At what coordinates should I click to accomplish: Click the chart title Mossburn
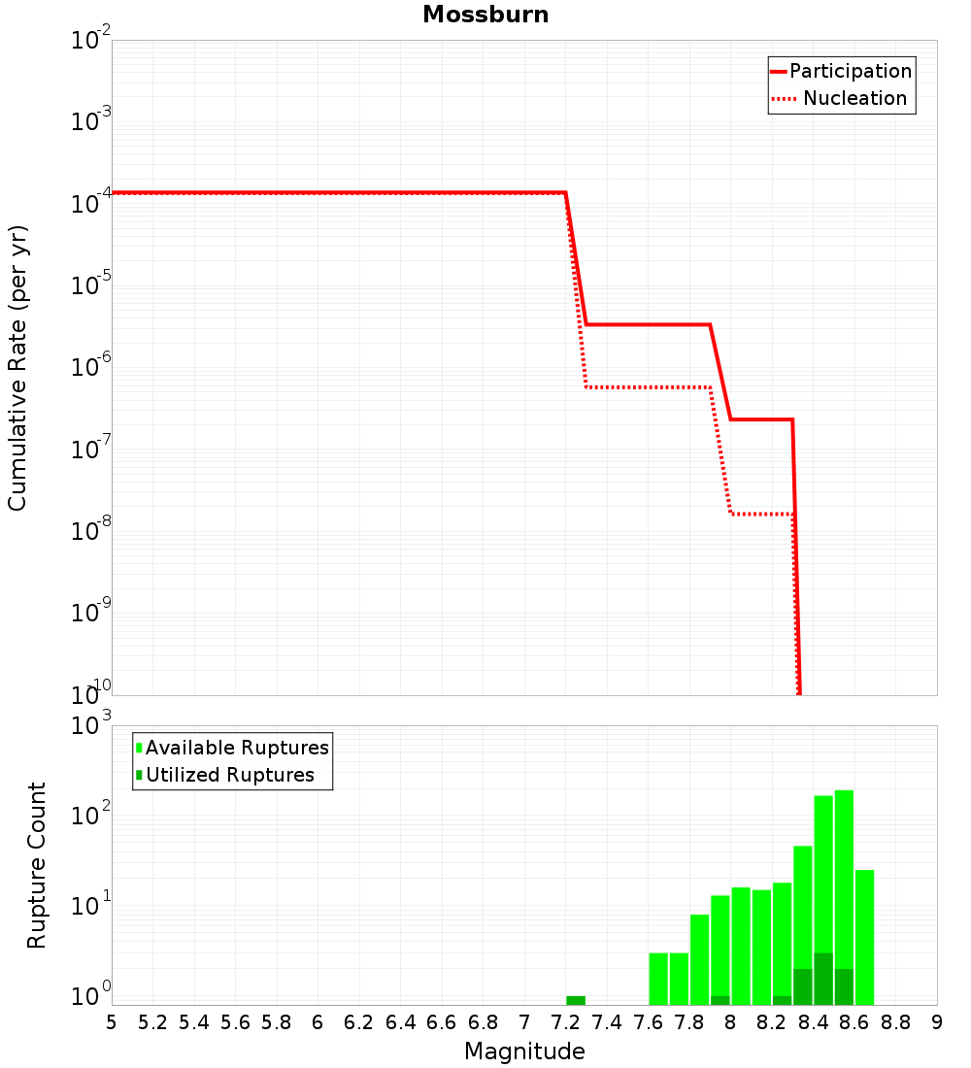pyautogui.click(x=485, y=15)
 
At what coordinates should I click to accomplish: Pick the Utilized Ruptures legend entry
pyautogui.click(x=229, y=775)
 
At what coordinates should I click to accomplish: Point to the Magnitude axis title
pyautogui.click(x=524, y=1051)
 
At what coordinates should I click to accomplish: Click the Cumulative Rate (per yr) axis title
pyautogui.click(x=17, y=368)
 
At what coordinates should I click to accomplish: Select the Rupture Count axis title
pyautogui.click(x=37, y=865)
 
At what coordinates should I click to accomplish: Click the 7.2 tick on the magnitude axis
pyautogui.click(x=565, y=1022)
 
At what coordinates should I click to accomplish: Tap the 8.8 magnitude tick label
pyautogui.click(x=895, y=1022)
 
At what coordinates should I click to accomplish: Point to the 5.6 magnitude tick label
pyautogui.click(x=235, y=1022)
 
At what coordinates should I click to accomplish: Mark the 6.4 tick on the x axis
pyautogui.click(x=400, y=1022)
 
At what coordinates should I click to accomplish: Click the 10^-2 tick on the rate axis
pyautogui.click(x=91, y=41)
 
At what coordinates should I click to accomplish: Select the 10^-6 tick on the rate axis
pyautogui.click(x=91, y=368)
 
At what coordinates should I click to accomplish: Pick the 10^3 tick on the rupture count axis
pyautogui.click(x=91, y=726)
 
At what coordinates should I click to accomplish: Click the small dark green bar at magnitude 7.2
pyautogui.click(x=576, y=1000)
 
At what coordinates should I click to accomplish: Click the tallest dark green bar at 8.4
pyautogui.click(x=823, y=979)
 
